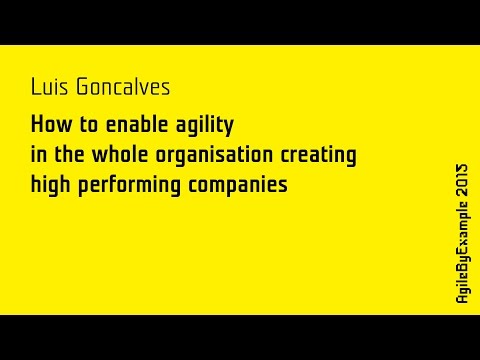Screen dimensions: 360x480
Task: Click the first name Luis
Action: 50,88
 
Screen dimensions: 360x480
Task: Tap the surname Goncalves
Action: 121,88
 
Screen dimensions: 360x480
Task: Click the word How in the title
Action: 49,126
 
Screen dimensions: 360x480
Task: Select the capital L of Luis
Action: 37,88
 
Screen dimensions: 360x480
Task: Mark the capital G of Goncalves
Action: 81,88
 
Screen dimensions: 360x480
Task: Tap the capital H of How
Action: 37,126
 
